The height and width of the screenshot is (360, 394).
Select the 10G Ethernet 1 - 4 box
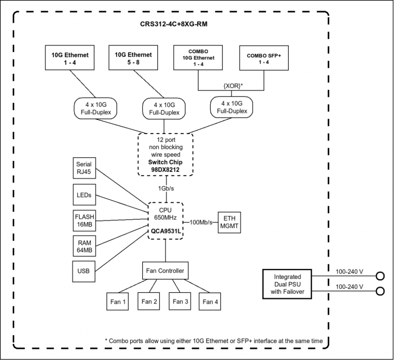click(x=70, y=58)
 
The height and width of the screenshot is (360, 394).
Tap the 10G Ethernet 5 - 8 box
click(x=133, y=58)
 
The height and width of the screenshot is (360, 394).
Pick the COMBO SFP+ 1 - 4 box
click(x=264, y=58)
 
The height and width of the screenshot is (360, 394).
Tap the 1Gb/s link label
click(x=167, y=188)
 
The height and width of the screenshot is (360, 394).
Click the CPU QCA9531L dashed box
click(x=166, y=220)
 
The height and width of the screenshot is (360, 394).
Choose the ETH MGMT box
click(x=229, y=222)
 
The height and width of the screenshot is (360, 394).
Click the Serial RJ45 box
click(x=84, y=168)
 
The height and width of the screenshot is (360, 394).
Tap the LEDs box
click(x=84, y=195)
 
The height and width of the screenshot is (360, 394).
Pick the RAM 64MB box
click(x=84, y=246)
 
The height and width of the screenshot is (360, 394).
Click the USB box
click(x=84, y=271)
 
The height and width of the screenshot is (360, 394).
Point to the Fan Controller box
click(x=165, y=271)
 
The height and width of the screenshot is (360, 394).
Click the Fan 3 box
click(x=180, y=301)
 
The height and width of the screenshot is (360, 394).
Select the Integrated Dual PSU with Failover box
click(x=287, y=284)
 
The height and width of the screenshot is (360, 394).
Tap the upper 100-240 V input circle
click(x=380, y=276)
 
